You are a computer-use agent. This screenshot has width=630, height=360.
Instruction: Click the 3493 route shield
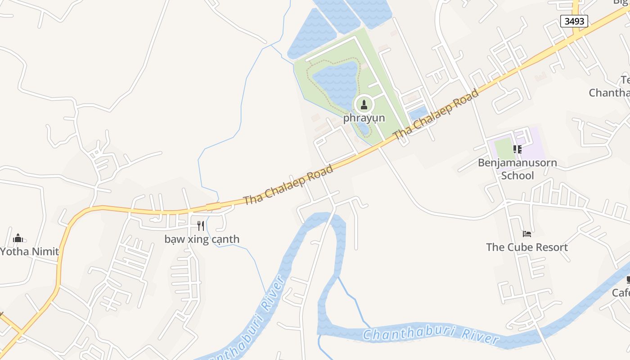coord(574,21)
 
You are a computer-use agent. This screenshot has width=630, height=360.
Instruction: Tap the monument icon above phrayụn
coord(364,105)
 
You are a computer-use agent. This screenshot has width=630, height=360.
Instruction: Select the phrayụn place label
coord(364,118)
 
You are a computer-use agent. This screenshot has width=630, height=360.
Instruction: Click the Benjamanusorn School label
coord(517,169)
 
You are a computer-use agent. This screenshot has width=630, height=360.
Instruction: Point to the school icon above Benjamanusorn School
coord(517,149)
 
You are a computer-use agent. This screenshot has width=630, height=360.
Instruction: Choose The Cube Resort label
coord(526,247)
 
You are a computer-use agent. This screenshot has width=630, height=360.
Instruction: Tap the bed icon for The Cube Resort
coord(527,234)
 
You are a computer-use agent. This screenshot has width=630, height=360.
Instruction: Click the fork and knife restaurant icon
coord(201,225)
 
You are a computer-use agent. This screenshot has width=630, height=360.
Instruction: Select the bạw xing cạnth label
coord(202,239)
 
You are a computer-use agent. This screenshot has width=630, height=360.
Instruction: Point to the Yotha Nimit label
coord(29,251)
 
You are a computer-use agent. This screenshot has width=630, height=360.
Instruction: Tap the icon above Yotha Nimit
coord(18,238)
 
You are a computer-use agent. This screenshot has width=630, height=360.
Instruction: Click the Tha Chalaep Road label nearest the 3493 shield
coord(436,115)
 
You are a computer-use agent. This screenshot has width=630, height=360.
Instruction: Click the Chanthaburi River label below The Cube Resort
coord(431,335)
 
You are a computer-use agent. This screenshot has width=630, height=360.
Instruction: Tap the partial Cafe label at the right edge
coord(621,293)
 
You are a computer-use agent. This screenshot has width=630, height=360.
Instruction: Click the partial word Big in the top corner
coord(622,2)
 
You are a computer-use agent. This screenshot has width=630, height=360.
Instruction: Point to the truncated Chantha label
coord(609,93)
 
